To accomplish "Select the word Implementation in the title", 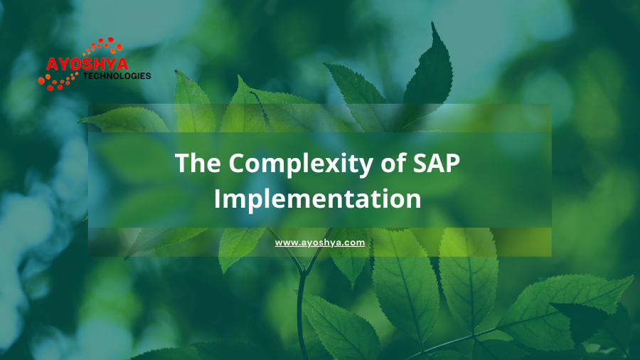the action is click(x=317, y=198).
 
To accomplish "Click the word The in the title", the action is click(x=198, y=163).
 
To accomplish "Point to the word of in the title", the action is click(x=393, y=162).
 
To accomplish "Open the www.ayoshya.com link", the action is click(x=320, y=243).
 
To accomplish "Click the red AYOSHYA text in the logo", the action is click(x=87, y=64).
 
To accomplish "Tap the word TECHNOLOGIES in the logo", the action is click(x=117, y=76).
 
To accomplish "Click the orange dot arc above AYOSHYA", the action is click(x=103, y=46).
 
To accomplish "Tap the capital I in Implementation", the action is click(x=217, y=198).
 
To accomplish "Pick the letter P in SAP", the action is click(x=453, y=163).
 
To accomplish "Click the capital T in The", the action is click(x=183, y=163).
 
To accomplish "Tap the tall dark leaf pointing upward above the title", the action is click(x=429, y=73).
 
